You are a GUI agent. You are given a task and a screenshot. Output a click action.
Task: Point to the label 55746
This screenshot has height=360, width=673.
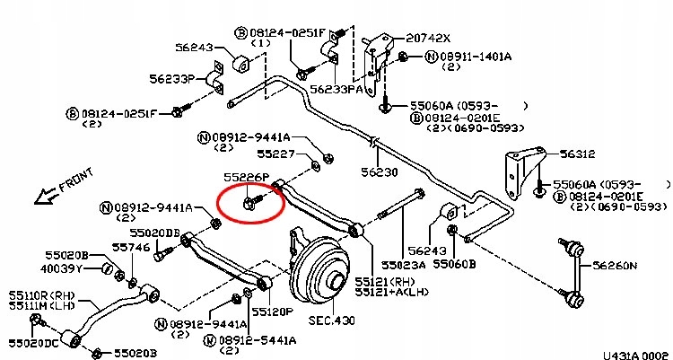point(130,246)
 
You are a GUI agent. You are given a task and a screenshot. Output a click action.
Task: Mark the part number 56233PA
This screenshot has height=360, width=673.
point(336,90)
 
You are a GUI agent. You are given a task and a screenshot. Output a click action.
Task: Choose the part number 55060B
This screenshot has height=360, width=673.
point(457,265)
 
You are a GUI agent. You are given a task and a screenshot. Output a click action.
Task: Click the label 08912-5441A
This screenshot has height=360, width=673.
point(255,341)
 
